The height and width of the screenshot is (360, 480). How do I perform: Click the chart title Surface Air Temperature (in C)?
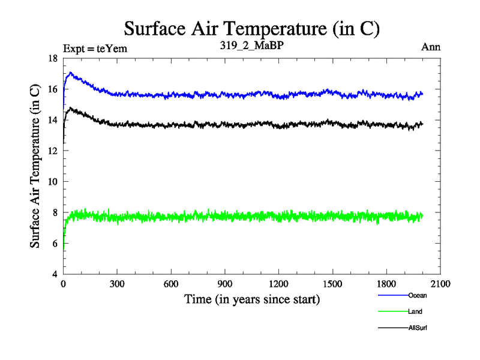coord(252,28)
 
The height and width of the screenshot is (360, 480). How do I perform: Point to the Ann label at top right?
coord(431,48)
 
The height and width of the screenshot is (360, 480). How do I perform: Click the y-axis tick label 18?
coord(53,58)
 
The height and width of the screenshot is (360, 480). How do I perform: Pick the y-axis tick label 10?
coord(53,182)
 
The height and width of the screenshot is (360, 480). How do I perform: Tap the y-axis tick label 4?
coord(55,274)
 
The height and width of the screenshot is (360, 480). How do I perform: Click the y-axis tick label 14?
coord(53,120)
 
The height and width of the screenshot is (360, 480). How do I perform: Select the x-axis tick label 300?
coord(117,284)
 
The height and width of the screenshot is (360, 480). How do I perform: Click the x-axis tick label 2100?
coord(440,284)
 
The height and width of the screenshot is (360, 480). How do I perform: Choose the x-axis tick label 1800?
coord(386,284)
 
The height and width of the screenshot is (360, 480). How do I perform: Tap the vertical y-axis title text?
coord(35,166)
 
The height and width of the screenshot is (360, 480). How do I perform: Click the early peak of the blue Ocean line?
coord(70,73)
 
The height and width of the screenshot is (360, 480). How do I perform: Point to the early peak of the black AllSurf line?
coord(70,109)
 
